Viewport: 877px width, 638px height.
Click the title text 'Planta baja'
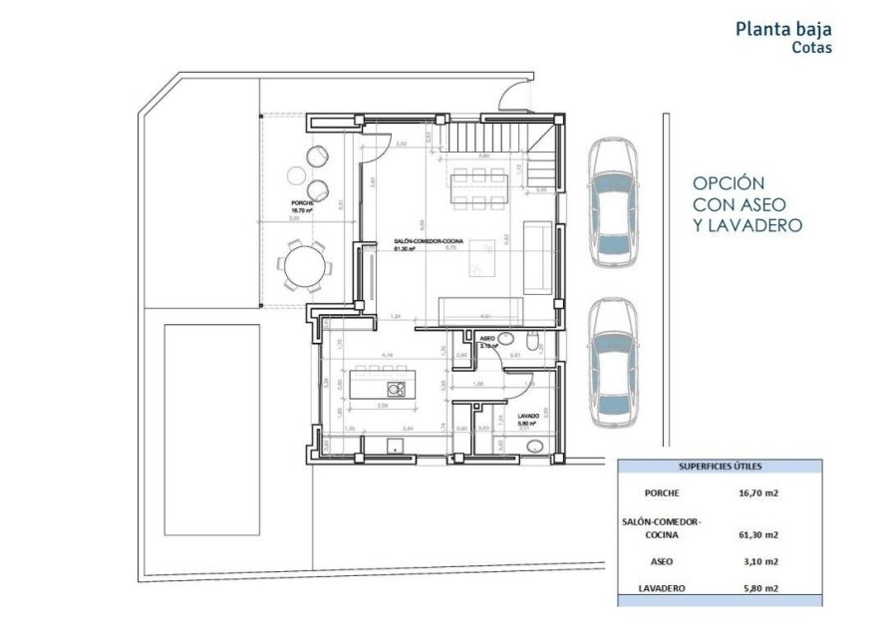pyautogui.click(x=782, y=29)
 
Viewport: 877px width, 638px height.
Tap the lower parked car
pyautogui.click(x=612, y=363)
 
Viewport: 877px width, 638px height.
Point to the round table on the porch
pyautogui.click(x=305, y=266)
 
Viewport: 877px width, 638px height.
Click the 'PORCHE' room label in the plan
pyautogui.click(x=302, y=202)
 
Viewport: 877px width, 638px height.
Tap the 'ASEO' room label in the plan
pyautogui.click(x=488, y=339)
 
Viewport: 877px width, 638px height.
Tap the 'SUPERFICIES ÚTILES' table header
pyautogui.click(x=721, y=466)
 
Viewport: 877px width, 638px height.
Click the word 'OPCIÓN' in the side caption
pyautogui.click(x=729, y=183)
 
